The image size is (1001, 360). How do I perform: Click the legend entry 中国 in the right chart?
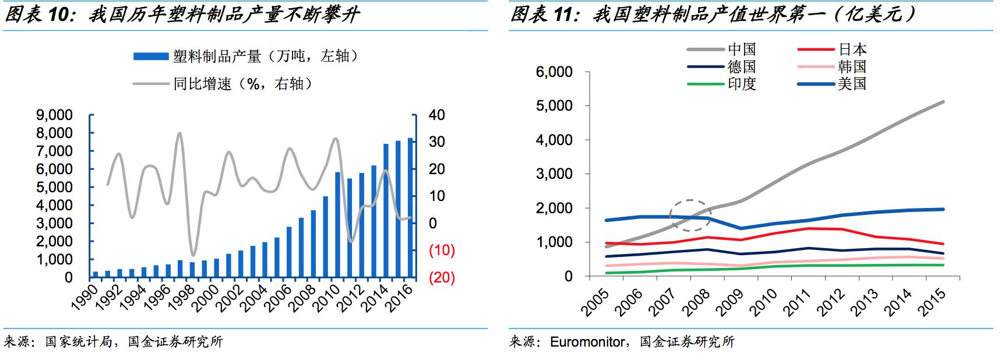click(741, 50)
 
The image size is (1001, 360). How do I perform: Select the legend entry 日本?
click(852, 50)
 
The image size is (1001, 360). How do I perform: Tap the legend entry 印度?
click(741, 84)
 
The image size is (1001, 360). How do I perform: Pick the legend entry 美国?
click(852, 84)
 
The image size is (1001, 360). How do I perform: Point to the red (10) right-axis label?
click(441, 250)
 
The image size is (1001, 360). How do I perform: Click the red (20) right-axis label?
click(441, 277)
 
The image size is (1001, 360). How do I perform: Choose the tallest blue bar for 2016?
click(410, 207)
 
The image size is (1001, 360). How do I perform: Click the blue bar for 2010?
click(338, 224)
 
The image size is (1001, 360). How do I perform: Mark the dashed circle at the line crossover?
click(690, 216)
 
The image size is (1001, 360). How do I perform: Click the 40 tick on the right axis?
click(436, 115)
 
